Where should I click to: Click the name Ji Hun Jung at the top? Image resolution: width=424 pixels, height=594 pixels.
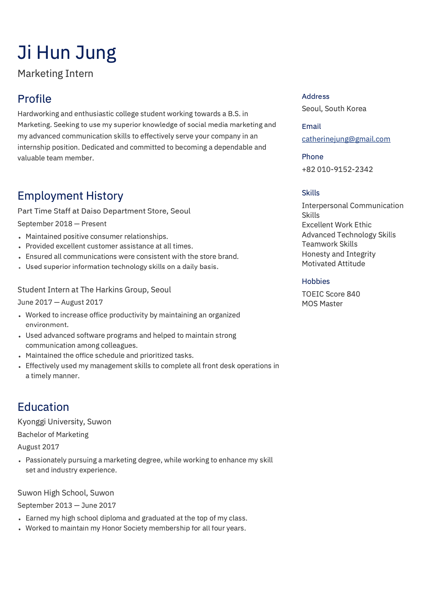point(67,53)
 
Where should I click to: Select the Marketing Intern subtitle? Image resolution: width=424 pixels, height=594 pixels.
point(55,73)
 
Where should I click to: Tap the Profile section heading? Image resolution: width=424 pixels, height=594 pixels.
point(35,99)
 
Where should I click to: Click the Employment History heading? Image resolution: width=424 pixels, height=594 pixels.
point(70,196)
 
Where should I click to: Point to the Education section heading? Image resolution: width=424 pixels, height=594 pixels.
point(43,407)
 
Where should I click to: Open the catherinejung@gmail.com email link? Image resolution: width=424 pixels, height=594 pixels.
point(346,139)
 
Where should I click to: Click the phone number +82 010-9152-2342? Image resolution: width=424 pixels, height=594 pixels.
point(337,169)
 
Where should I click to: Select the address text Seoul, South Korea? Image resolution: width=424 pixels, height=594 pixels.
point(334,108)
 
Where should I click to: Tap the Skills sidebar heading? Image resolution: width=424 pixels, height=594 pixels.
point(310,193)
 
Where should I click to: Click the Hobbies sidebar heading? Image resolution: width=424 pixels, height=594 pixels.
point(315,281)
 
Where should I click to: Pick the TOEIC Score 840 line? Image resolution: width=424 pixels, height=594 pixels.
point(331,294)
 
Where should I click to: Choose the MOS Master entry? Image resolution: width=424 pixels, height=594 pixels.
point(322,304)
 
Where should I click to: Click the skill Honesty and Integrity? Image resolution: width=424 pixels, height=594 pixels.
point(339,254)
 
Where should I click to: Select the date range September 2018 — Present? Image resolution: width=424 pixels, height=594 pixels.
point(62,224)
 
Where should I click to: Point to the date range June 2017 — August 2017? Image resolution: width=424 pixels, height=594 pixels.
point(60,302)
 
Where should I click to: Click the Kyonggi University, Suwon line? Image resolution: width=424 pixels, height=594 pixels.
point(64,422)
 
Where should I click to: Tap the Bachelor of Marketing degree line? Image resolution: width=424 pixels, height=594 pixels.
point(53,434)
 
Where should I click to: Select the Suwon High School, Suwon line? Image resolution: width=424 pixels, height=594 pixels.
point(66,493)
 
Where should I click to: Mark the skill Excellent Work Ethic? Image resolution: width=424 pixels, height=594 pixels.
point(337,225)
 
